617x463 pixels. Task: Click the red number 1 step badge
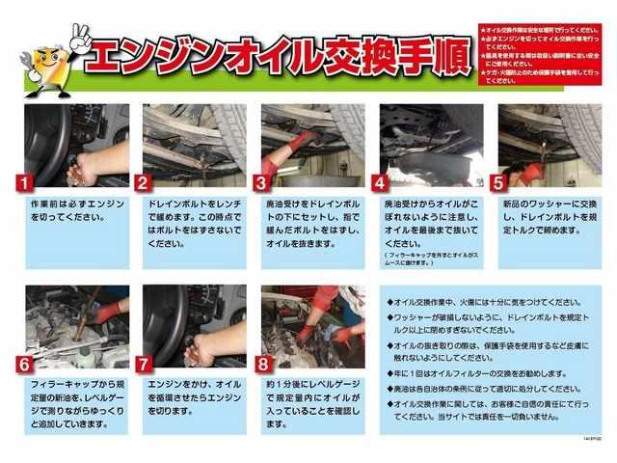coord(27,181)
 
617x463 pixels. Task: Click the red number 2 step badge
coord(144,181)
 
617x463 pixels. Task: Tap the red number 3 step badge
coord(261,181)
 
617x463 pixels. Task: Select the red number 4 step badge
coord(381,181)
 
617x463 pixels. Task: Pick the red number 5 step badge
coord(498,181)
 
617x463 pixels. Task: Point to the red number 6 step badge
coord(27,364)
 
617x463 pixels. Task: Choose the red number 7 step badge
coord(144,364)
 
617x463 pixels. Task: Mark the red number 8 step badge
coord(263,364)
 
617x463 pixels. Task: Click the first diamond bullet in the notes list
coord(390,301)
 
